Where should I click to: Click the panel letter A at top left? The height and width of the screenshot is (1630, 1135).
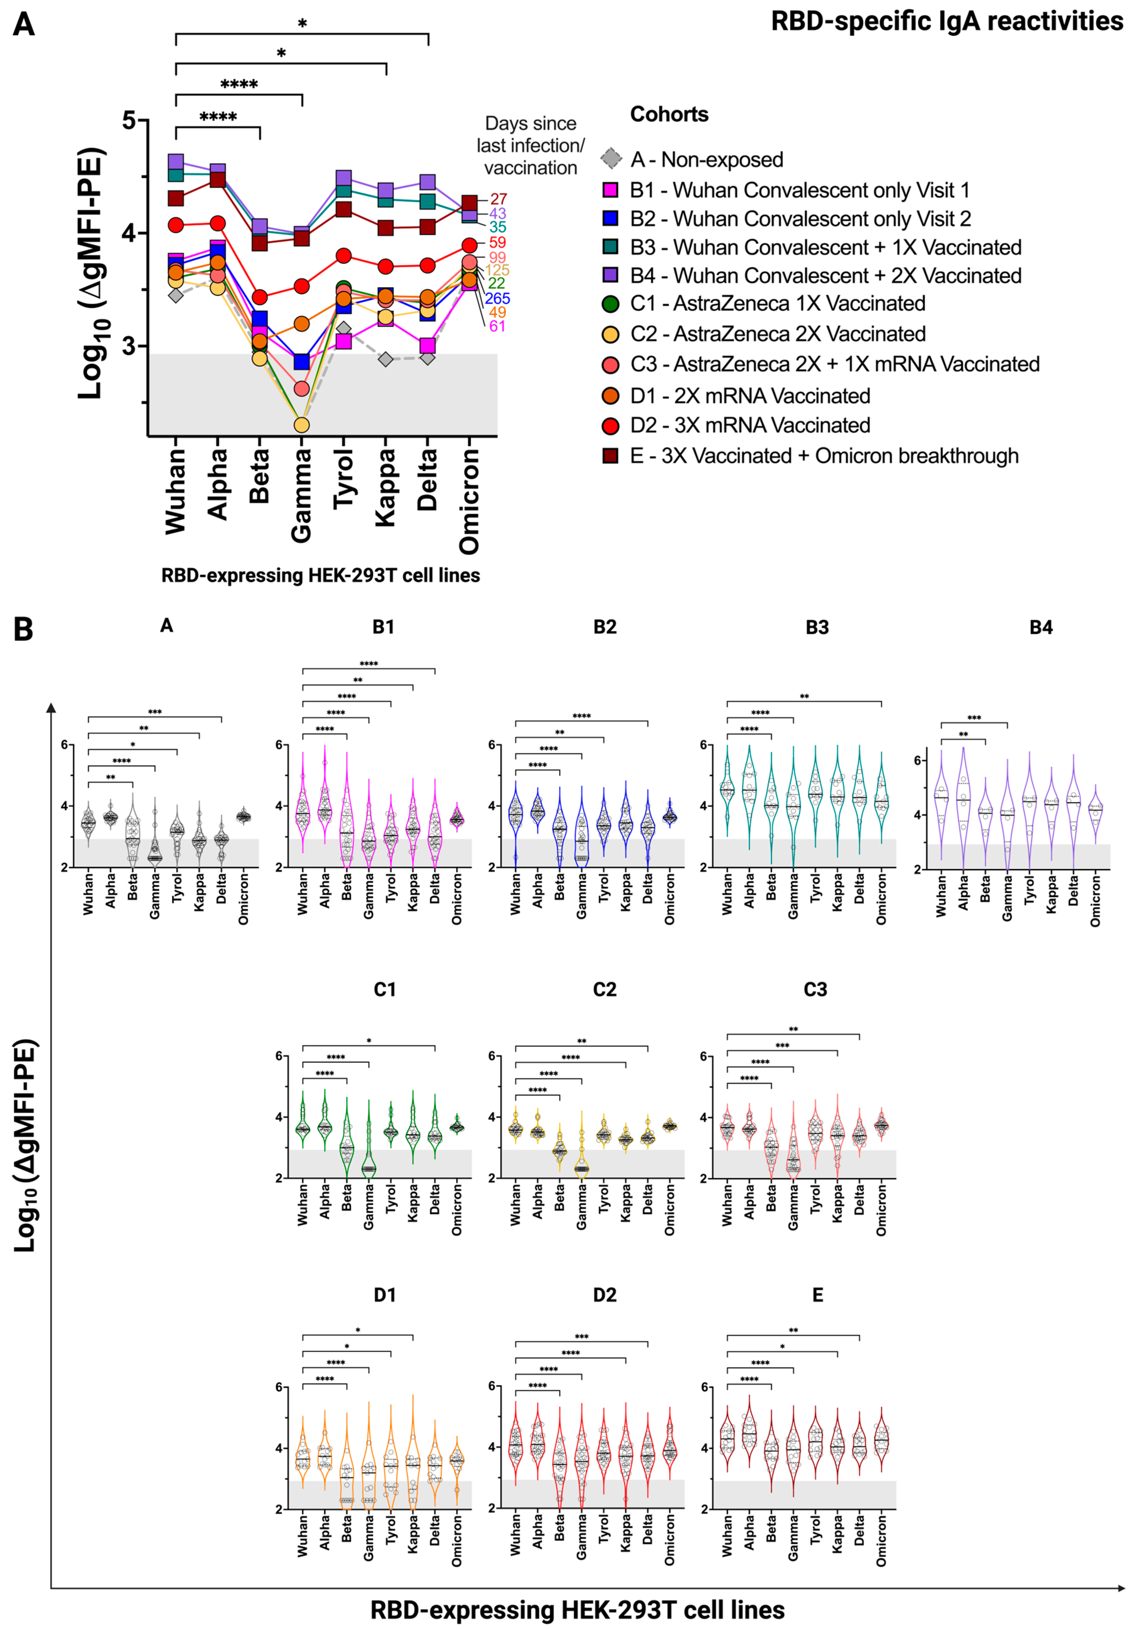pyautogui.click(x=23, y=25)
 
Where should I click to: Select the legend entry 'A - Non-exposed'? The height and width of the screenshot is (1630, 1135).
pyautogui.click(x=706, y=160)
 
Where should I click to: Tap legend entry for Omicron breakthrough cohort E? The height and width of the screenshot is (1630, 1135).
pyautogui.click(x=823, y=456)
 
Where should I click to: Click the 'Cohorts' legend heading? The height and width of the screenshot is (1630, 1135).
pyautogui.click(x=669, y=114)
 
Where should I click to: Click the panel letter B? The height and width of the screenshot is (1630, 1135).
pyautogui.click(x=23, y=629)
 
